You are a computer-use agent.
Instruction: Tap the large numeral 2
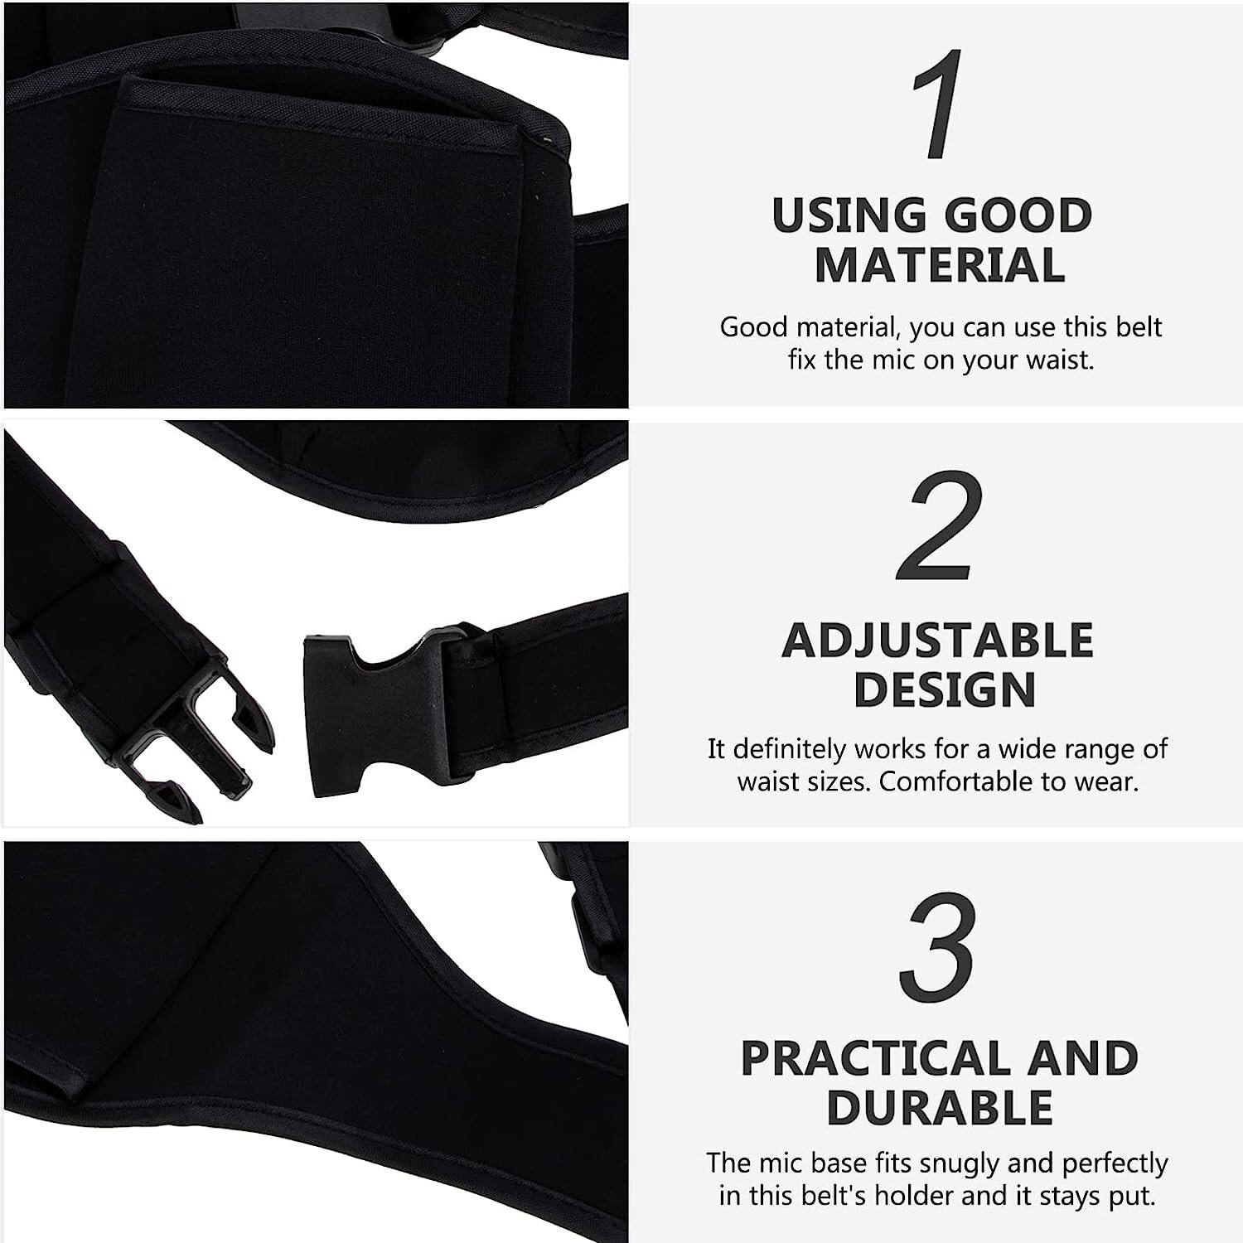coord(940,526)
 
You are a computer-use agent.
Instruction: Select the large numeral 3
coord(940,946)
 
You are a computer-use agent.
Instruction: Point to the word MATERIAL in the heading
coord(940,265)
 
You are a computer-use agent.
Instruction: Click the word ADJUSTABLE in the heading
coord(938,641)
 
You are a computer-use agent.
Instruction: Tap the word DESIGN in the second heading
coord(945,689)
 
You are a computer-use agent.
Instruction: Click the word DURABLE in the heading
coord(940,1107)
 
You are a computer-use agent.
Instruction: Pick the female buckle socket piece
coord(373,713)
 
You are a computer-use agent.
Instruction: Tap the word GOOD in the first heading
coord(1018,215)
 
